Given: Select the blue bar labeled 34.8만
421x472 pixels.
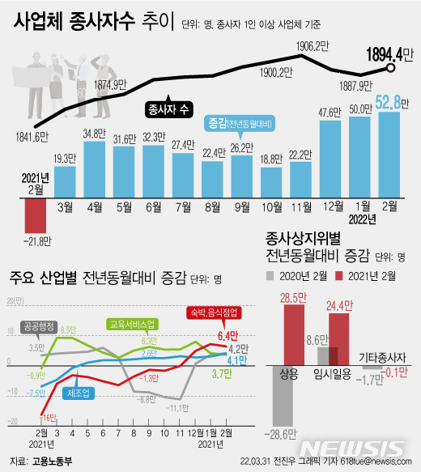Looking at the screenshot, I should [x=95, y=168].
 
